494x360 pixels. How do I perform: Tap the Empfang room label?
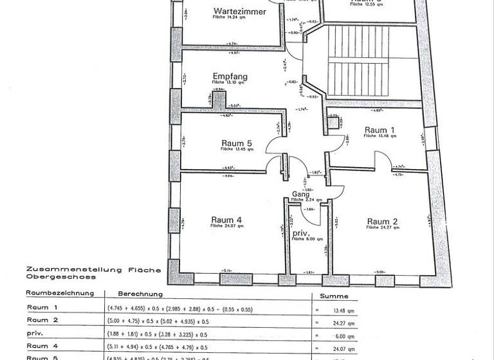(x=230, y=76)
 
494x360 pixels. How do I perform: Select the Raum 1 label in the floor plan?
(x=380, y=130)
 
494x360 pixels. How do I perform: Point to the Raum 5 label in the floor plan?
(x=236, y=143)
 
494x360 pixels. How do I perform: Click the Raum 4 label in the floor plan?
(x=226, y=220)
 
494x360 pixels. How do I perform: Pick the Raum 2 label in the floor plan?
(x=382, y=222)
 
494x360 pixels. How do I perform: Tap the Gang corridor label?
(x=301, y=194)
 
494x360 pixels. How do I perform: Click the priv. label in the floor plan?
(x=301, y=233)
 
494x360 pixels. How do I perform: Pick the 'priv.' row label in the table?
(x=33, y=332)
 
